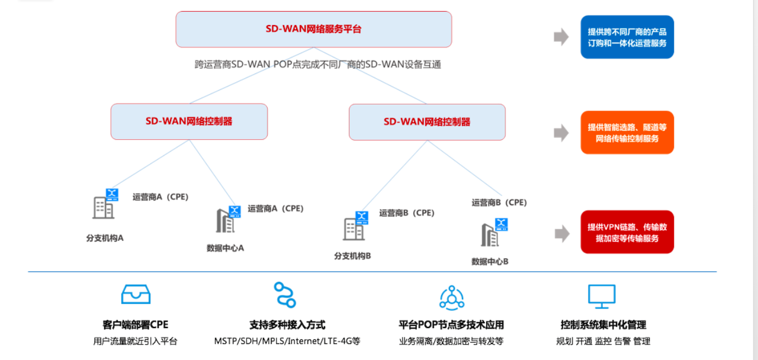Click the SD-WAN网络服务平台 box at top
[313, 29]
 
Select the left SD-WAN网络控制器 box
[189, 121]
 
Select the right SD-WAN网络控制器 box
[427, 122]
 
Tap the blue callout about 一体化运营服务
[627, 37]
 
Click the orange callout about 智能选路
[627, 133]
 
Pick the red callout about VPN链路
[627, 232]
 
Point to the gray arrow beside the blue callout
[561, 37]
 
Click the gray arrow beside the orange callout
[561, 133]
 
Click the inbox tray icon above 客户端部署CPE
[136, 294]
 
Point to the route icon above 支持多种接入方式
[285, 295]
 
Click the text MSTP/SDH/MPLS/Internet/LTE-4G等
[287, 341]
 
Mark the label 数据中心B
[490, 261]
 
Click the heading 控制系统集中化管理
[603, 324]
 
